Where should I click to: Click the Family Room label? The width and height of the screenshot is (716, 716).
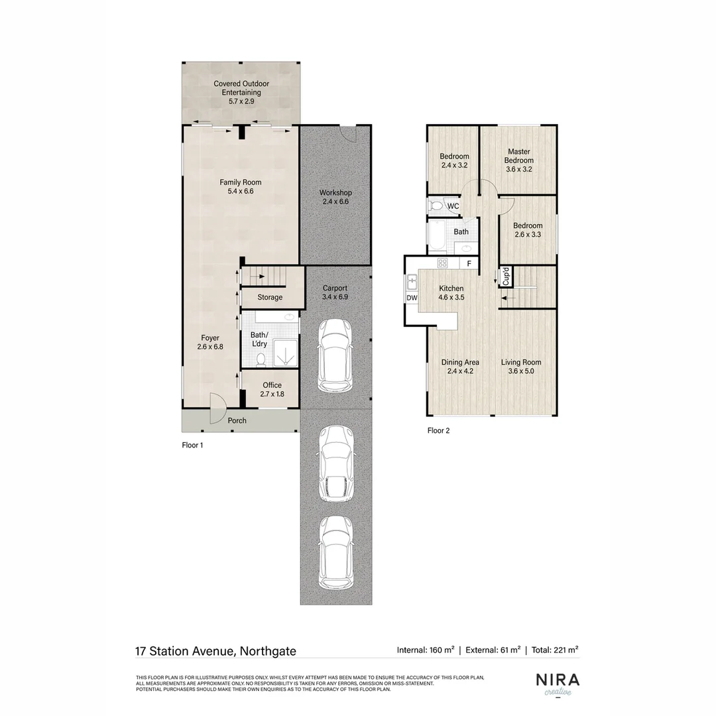(241, 186)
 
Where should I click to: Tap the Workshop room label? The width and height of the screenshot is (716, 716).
(335, 197)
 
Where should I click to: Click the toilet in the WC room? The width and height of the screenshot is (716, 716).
(436, 206)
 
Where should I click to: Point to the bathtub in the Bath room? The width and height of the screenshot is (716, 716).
(438, 237)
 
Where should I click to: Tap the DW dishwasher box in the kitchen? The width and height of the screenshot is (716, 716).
(412, 298)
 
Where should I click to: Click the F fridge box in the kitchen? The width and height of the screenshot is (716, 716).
(469, 263)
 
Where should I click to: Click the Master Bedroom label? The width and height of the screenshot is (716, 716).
(518, 160)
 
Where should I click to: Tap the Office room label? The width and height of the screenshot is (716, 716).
(272, 389)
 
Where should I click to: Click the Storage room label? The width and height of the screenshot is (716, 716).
(270, 298)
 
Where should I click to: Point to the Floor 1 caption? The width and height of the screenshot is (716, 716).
(192, 446)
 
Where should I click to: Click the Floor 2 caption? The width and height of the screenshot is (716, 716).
(438, 431)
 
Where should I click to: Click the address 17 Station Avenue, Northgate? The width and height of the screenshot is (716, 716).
(215, 651)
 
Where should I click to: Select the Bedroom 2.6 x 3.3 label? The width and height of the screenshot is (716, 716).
(528, 230)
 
